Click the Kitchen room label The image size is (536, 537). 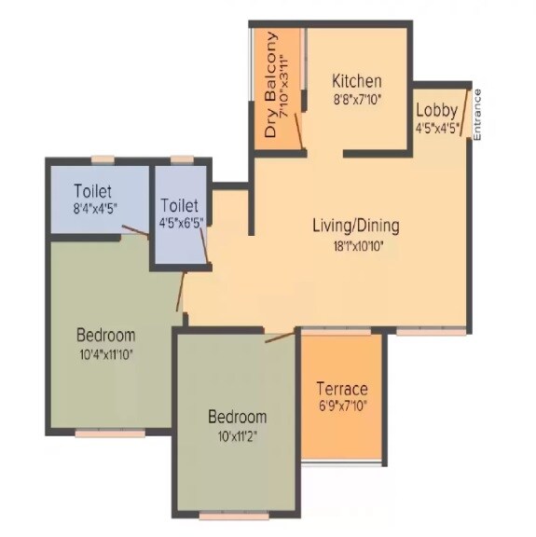tap(356, 80)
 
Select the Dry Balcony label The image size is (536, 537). tap(270, 86)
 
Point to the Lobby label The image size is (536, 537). tap(436, 110)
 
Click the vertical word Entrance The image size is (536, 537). tap(477, 114)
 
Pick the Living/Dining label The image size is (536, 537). tap(355, 225)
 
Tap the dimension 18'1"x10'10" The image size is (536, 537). tap(355, 246)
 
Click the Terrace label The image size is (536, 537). tap(341, 389)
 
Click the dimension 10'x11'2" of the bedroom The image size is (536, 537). tap(237, 436)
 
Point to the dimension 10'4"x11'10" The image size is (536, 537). tap(105, 354)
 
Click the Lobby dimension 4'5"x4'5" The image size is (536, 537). tap(437, 129)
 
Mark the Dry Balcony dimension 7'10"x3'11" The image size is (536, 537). tap(289, 86)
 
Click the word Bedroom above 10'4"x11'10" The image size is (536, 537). tap(105, 335)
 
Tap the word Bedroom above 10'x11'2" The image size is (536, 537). tap(237, 417)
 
